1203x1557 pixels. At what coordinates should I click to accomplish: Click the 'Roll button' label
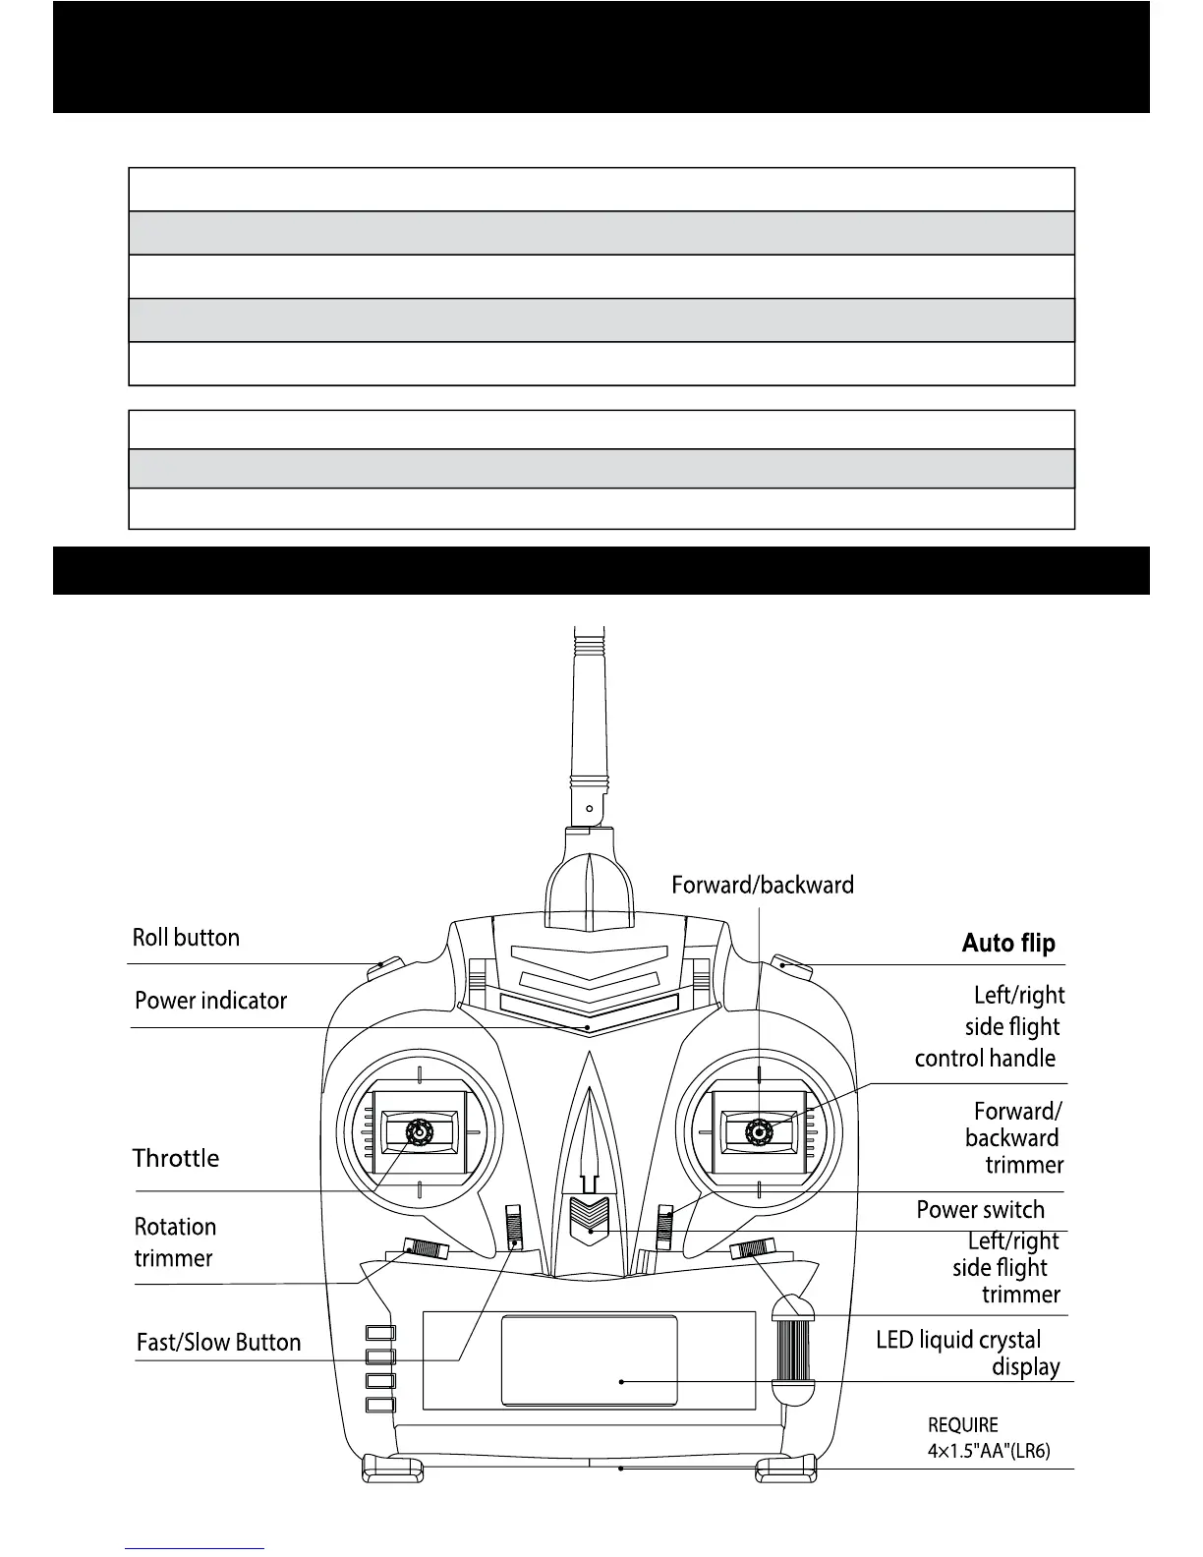pos(186,938)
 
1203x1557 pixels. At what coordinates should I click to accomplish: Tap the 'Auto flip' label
pos(1007,944)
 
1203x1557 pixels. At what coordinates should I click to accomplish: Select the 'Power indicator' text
pos(210,1001)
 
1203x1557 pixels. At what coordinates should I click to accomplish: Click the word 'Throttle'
pos(176,1158)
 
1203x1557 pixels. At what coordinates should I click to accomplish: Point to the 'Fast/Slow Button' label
pos(218,1343)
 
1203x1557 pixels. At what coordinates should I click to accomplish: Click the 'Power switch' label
pos(980,1210)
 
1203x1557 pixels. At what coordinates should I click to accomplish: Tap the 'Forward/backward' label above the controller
pos(763,885)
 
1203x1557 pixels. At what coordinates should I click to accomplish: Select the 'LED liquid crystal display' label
pos(968,1353)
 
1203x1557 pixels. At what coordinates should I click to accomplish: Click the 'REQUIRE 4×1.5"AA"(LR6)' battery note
pos(989,1437)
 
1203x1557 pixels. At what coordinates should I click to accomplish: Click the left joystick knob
pos(420,1132)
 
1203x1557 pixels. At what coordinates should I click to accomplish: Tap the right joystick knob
pos(759,1132)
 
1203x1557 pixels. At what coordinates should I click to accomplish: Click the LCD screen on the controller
pos(589,1360)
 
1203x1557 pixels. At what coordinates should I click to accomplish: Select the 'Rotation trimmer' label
pos(175,1242)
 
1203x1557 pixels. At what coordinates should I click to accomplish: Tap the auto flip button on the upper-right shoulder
pos(792,966)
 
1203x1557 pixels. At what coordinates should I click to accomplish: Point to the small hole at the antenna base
pos(589,808)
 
